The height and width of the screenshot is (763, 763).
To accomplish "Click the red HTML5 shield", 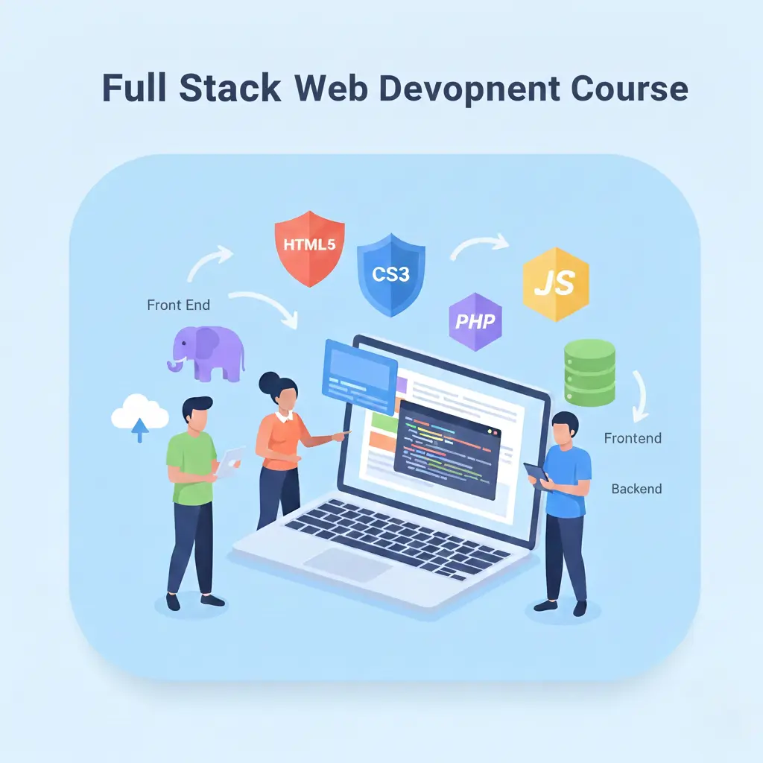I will pos(309,245).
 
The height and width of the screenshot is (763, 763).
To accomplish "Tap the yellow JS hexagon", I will pos(556,282).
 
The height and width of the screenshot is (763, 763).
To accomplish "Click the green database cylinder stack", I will pos(589,372).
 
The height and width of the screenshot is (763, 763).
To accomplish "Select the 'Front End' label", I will pos(179,305).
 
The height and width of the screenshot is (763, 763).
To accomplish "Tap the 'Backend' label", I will pos(636,489).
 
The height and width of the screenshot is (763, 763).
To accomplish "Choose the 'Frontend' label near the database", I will pos(633,438).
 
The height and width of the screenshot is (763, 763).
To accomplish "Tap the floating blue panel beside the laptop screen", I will pos(359,376).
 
